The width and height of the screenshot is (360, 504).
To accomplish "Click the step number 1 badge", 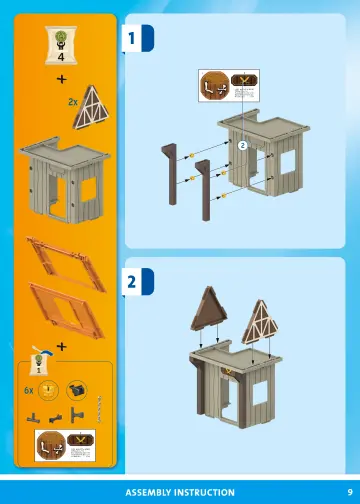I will tap(132, 38).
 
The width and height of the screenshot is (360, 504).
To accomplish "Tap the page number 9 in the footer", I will tap(337, 492).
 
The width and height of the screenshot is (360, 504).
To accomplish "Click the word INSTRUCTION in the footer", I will tap(206, 492).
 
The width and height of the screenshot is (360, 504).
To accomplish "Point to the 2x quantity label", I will tap(72, 102).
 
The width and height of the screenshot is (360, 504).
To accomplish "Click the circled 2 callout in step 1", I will tap(242, 145).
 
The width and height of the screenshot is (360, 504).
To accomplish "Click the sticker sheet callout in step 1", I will tap(227, 89).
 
